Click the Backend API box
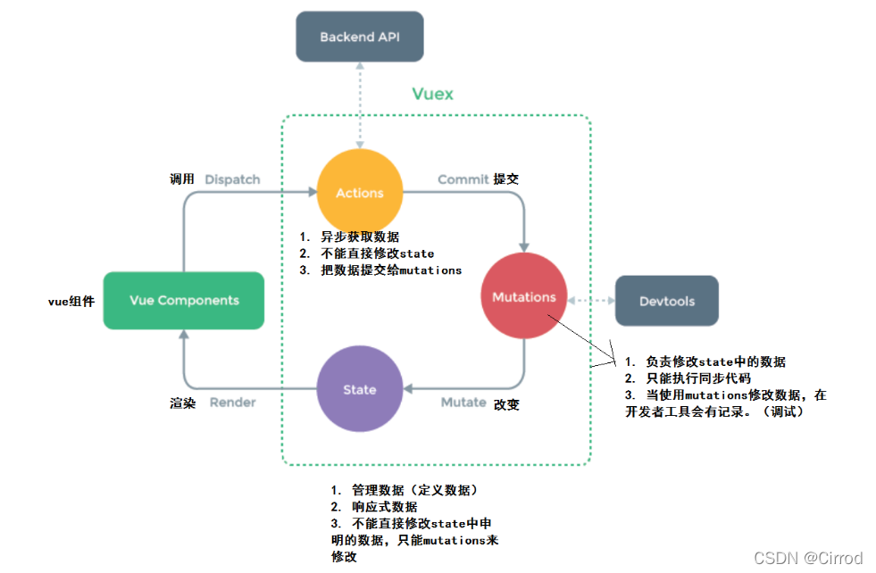pyautogui.click(x=359, y=37)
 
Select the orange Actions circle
pyautogui.click(x=360, y=193)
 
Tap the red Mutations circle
pyautogui.click(x=523, y=297)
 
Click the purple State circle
pyautogui.click(x=360, y=390)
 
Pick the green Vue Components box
pyautogui.click(x=184, y=300)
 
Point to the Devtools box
pyautogui.click(x=666, y=301)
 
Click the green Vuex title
pyautogui.click(x=432, y=94)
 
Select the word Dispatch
pyautogui.click(x=232, y=179)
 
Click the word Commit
pyautogui.click(x=463, y=179)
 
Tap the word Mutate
pyautogui.click(x=463, y=403)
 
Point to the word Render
pyautogui.click(x=232, y=403)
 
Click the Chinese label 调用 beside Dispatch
pyautogui.click(x=182, y=179)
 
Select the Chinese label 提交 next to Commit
pyautogui.click(x=506, y=179)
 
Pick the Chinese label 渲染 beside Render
pyautogui.click(x=182, y=403)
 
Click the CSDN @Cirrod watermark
pyautogui.click(x=807, y=558)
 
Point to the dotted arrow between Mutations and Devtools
pyautogui.click(x=590, y=300)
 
